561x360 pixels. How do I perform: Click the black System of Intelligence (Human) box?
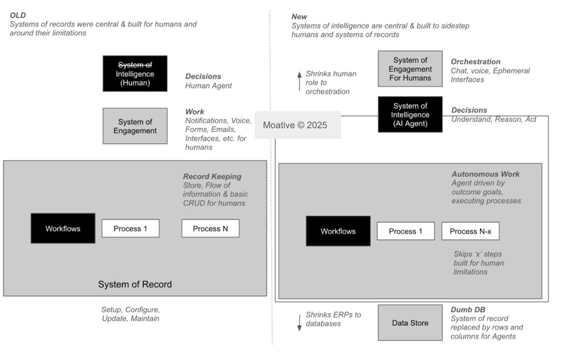135,73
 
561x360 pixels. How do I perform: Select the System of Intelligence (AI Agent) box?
410,115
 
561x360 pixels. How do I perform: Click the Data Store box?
410,323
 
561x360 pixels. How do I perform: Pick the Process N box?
210,228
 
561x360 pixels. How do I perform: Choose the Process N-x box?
470,231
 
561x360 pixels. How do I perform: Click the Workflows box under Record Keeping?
63,228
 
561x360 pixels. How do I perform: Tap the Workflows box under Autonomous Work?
338,231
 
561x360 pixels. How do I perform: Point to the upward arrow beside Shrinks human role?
299,81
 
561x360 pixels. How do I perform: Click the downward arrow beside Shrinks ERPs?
299,323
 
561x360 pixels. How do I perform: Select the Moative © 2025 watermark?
297,125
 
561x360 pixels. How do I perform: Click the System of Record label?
135,285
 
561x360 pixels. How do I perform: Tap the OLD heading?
17,15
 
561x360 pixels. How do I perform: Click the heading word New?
299,17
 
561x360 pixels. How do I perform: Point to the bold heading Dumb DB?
468,310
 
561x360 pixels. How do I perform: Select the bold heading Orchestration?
475,62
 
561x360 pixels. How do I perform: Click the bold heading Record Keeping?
212,177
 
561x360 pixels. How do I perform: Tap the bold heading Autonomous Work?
485,174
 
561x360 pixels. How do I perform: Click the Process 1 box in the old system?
130,228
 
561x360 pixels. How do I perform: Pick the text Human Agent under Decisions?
208,86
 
